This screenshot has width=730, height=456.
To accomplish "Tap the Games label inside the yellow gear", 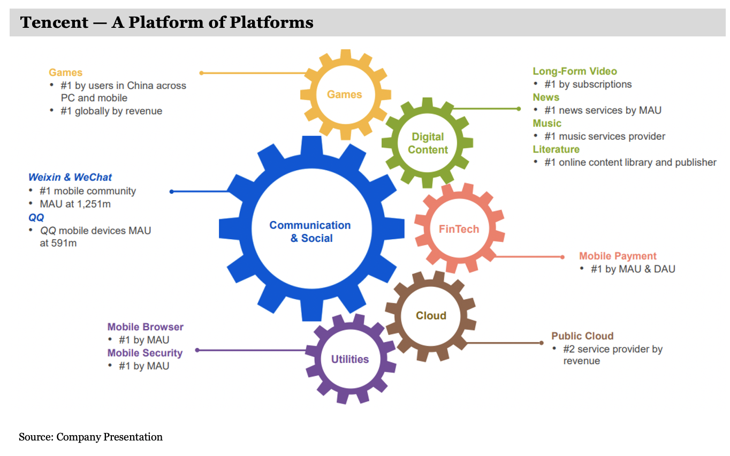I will click(x=344, y=95).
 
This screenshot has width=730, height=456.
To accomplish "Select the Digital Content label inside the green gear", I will click(x=428, y=143).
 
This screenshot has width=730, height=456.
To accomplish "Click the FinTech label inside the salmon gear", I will click(x=459, y=229).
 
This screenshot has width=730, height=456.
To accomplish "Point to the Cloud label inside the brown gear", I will click(x=431, y=316).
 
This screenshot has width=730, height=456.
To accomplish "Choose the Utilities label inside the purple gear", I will click(x=350, y=360).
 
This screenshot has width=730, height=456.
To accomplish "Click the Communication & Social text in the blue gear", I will click(x=310, y=232).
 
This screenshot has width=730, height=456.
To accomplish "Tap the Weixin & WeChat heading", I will click(x=70, y=177).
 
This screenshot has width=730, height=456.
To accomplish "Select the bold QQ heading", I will click(x=36, y=217).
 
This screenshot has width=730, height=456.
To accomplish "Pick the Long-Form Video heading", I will click(x=574, y=71).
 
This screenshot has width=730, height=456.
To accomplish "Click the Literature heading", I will click(x=556, y=149).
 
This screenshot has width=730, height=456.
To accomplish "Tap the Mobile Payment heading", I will click(x=618, y=256).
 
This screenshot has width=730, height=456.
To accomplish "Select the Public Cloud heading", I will click(x=582, y=336).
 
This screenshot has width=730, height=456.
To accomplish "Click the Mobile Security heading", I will click(x=145, y=353).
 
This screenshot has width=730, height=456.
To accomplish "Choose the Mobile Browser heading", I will click(x=145, y=327).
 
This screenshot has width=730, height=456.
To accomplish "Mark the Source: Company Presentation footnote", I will click(x=90, y=437).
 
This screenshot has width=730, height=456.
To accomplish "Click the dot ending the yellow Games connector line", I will click(x=201, y=73).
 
